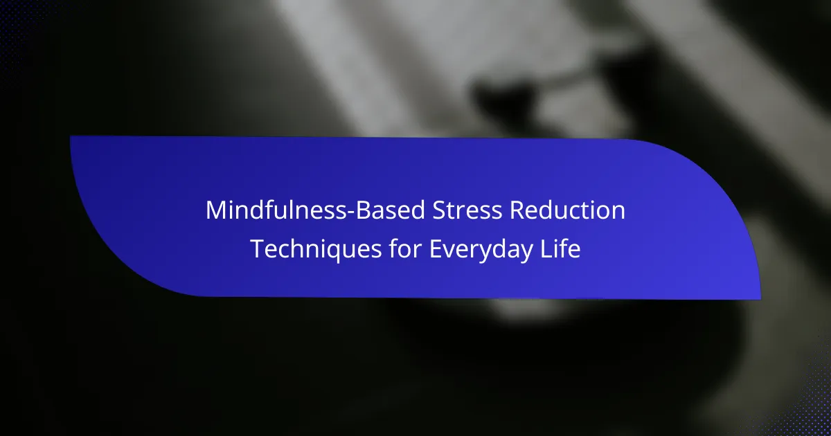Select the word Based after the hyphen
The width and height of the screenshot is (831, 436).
[391, 210]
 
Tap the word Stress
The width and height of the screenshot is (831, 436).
[467, 210]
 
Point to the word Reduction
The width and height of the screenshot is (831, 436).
[568, 210]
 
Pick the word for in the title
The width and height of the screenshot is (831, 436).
[406, 248]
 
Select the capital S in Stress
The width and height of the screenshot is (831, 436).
[440, 210]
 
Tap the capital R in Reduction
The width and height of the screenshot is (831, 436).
[518, 210]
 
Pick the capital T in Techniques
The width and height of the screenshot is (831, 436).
[258, 249]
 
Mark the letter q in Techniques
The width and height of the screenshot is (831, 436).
[329, 253]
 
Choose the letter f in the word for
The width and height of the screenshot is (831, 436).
[394, 248]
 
